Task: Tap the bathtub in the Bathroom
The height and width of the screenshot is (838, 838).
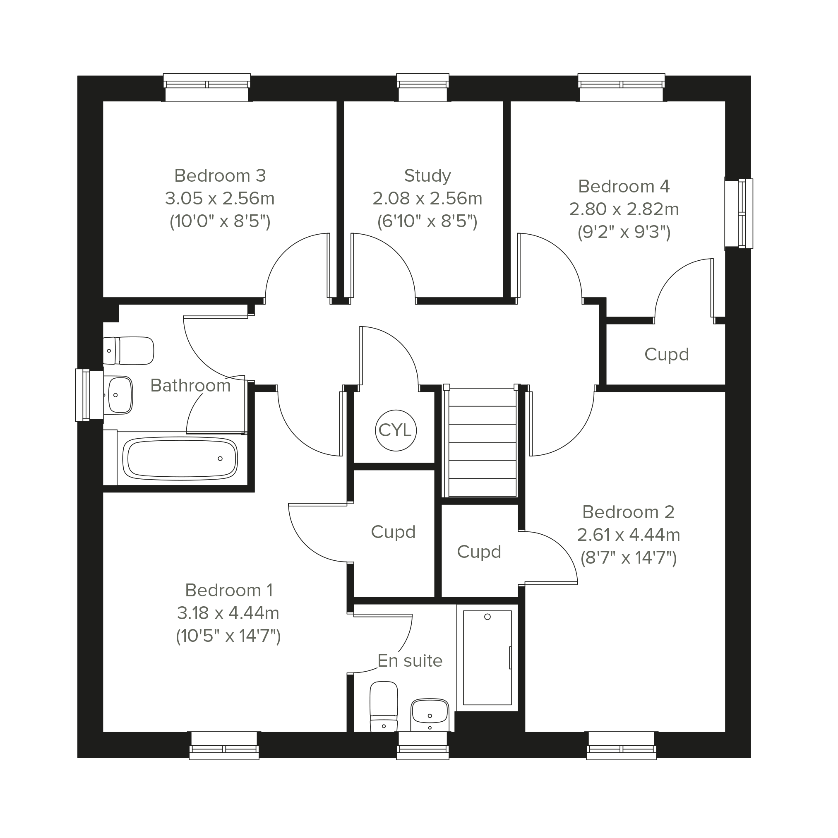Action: tap(180, 459)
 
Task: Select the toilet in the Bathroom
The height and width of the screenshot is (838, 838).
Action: tap(128, 351)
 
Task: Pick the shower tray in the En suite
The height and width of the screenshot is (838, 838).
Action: tap(487, 658)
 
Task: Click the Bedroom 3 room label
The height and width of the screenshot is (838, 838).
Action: tap(220, 175)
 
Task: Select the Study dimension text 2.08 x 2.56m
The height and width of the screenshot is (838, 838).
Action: tap(427, 199)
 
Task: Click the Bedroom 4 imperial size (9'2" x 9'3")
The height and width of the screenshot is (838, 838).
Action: tap(624, 233)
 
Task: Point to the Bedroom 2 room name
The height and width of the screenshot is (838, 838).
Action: tap(629, 512)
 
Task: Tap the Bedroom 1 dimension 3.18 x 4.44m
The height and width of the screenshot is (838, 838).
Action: tap(228, 613)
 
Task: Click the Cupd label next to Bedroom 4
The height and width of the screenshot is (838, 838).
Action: tap(667, 355)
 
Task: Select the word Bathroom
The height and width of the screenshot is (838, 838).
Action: tap(190, 386)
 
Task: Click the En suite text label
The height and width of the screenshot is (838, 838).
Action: tap(410, 660)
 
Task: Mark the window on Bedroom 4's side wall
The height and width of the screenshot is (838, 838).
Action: tap(739, 214)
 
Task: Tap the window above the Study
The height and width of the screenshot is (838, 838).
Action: tap(423, 88)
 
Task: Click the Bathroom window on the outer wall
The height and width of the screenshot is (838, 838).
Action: tap(89, 395)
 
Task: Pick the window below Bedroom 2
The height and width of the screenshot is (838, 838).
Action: tap(621, 746)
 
